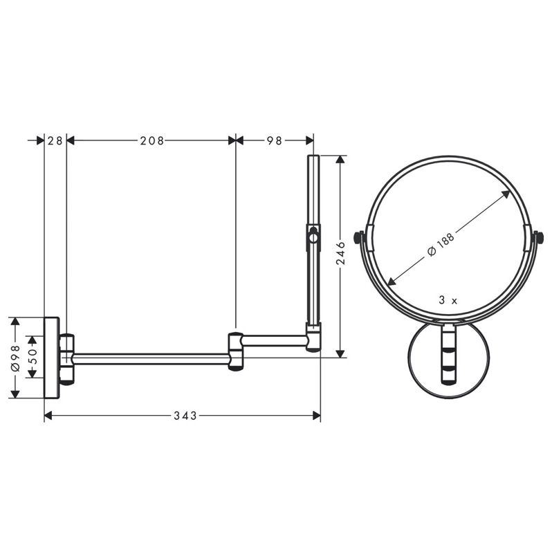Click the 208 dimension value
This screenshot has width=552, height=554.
point(152,140)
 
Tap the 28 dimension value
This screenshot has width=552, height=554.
point(55,140)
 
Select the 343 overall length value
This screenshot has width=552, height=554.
point(185,416)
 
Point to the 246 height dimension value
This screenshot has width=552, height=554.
point(340,253)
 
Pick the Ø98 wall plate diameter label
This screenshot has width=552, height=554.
point(15,358)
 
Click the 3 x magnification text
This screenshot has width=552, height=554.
point(448,301)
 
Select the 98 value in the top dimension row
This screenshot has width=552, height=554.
point(274,140)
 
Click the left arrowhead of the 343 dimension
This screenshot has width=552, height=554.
point(48,416)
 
